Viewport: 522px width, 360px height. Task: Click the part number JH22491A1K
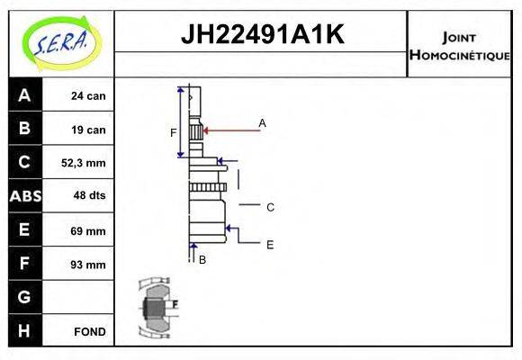click(262, 35)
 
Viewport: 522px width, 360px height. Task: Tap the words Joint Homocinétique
click(459, 45)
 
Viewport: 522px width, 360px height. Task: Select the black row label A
click(24, 95)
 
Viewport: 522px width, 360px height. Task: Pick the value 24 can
click(89, 96)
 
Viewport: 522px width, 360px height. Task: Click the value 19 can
click(89, 130)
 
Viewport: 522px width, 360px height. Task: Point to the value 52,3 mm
click(89, 163)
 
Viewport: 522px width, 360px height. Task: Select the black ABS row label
click(24, 196)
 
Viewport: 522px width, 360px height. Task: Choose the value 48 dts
click(89, 196)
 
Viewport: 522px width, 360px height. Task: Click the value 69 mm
click(89, 230)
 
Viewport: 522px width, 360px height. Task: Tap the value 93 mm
click(89, 265)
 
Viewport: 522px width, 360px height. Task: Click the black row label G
click(24, 297)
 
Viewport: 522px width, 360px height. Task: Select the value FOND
click(89, 331)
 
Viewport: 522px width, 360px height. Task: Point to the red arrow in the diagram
click(229, 130)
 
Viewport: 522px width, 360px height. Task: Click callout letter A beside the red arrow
click(263, 122)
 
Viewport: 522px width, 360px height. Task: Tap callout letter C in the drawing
click(270, 207)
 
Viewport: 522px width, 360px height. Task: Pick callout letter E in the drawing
click(270, 244)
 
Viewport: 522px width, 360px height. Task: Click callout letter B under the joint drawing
click(202, 259)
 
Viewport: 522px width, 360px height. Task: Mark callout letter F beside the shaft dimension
click(174, 133)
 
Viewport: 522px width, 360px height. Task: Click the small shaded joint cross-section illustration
click(155, 309)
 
